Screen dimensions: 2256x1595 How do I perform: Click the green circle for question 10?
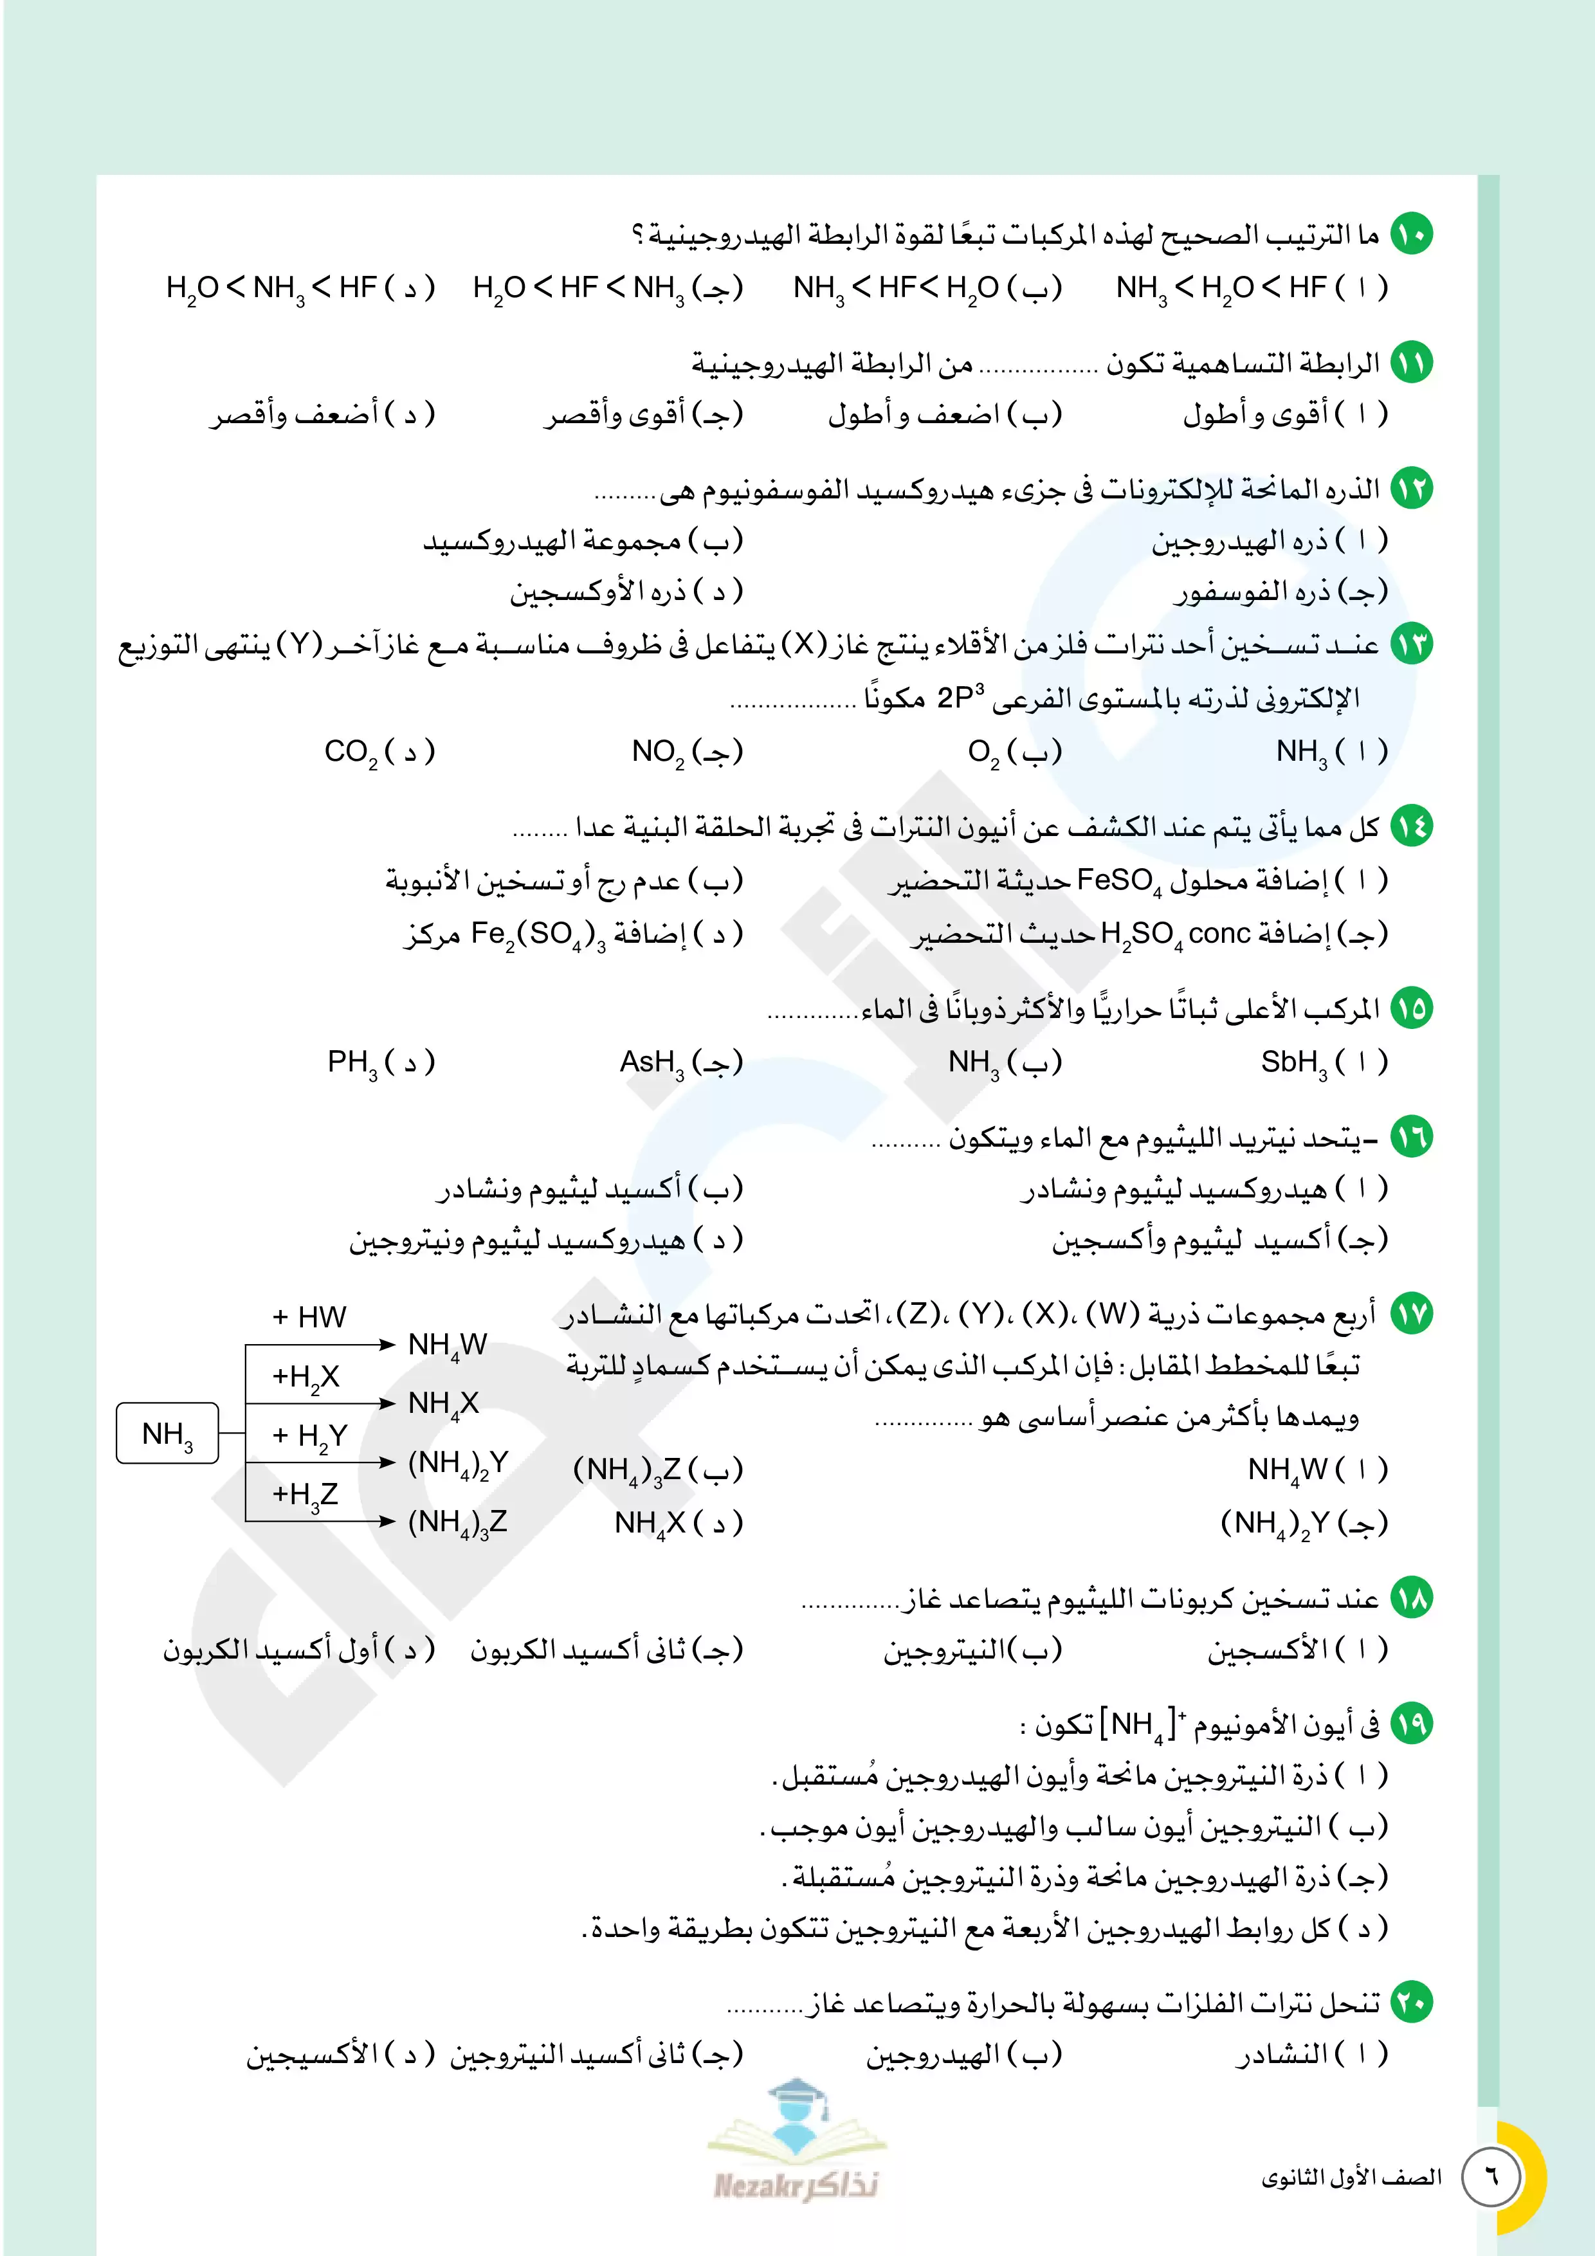1412,235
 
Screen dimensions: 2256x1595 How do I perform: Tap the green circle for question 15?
1412,1008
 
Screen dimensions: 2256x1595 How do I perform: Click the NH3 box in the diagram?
167,1433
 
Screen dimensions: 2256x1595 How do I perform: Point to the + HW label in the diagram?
309,1316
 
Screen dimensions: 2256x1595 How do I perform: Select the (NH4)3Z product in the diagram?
457,1522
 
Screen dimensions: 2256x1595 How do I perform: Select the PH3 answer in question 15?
352,1063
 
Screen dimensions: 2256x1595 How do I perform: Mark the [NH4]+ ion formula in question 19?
1143,1725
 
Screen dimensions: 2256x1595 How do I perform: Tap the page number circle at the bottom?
1491,2176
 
